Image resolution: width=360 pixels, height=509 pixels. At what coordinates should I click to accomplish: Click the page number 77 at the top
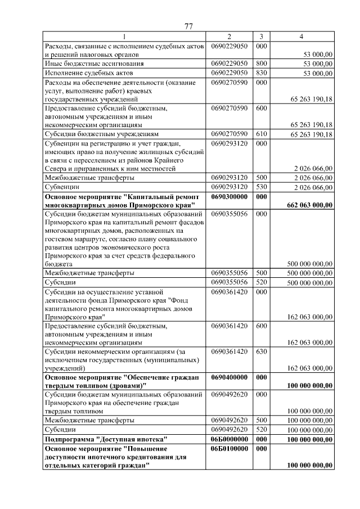tap(189, 26)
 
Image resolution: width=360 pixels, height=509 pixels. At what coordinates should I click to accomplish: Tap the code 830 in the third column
tap(261, 73)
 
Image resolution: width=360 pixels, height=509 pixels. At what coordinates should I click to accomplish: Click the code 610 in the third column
tap(261, 134)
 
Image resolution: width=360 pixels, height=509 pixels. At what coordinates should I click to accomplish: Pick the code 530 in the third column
tap(261, 187)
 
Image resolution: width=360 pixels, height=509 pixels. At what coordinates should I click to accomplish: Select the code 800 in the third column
tap(261, 64)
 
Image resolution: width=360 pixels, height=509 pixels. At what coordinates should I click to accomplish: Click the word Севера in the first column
tap(57, 168)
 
